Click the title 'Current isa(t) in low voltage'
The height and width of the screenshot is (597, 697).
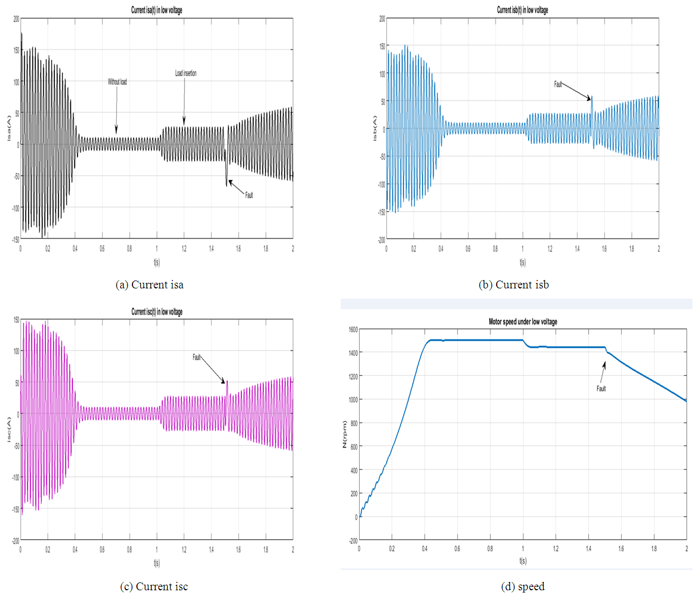coord(157,10)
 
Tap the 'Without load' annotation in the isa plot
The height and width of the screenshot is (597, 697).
coord(117,82)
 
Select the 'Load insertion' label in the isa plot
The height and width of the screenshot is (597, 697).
coord(186,74)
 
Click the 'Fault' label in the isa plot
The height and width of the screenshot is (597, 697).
coord(249,195)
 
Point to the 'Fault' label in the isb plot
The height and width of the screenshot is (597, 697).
coord(558,84)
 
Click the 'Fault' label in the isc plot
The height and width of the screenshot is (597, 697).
coord(196,357)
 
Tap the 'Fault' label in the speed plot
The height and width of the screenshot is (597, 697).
coord(601,388)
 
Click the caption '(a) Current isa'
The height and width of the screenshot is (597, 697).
coord(149,285)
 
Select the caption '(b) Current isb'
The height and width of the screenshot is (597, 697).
coord(513,285)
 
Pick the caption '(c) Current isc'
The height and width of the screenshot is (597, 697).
coord(154,587)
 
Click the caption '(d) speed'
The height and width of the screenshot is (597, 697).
coord(522,587)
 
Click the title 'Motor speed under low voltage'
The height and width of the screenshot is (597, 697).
coord(522,322)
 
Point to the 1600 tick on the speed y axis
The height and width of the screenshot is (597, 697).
coord(353,329)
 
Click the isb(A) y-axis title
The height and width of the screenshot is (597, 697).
coord(374,128)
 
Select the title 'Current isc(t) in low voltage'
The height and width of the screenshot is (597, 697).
coord(157,312)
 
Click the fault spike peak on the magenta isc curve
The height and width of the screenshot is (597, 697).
coord(227,382)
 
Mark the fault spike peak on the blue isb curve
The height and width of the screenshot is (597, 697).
coord(591,97)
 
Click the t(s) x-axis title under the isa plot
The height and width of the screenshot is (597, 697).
coord(157,262)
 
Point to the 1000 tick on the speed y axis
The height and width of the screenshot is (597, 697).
coord(353,399)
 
